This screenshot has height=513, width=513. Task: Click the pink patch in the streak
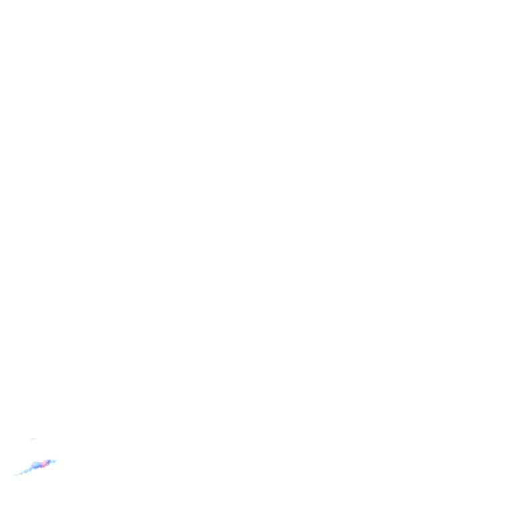44,464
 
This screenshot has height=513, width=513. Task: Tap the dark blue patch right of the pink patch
48,462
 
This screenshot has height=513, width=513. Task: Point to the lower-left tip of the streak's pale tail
13,476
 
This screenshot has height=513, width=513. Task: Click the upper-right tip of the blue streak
56,460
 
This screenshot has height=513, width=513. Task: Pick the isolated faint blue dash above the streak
32,439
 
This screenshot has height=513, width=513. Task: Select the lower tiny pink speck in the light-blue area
33,466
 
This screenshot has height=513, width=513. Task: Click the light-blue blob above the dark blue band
36,464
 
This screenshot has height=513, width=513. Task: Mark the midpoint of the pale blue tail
23,472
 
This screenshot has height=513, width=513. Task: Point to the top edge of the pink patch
44,461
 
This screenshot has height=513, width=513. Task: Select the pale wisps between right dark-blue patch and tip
53,461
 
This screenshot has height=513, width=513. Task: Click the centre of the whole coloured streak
35,467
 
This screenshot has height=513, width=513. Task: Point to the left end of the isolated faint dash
29,439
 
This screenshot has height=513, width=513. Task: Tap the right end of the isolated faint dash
35,439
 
